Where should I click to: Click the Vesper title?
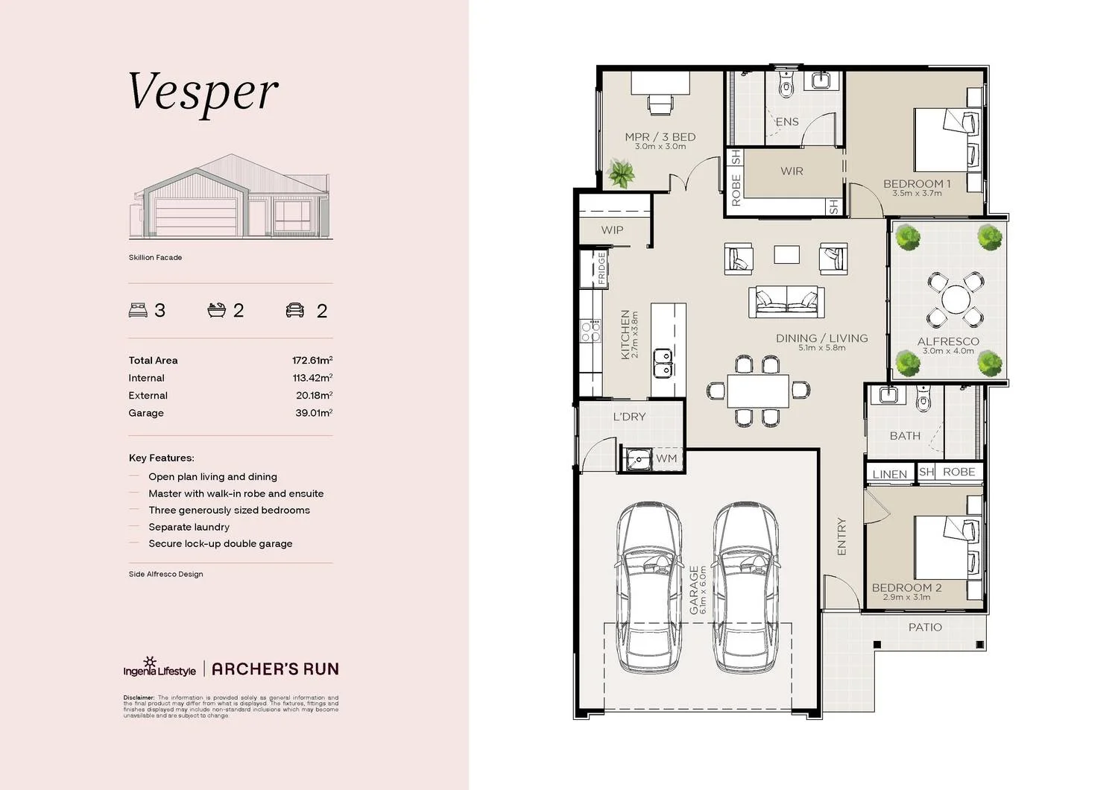point(203,93)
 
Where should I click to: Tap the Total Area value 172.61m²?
point(312,361)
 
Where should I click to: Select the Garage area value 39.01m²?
point(314,413)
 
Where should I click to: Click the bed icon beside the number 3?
point(138,311)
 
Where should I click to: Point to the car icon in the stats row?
point(295,311)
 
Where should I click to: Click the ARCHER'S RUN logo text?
point(275,669)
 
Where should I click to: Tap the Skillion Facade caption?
point(155,258)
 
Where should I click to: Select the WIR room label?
point(792,171)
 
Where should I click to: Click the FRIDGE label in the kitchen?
point(601,269)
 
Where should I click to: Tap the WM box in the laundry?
point(666,459)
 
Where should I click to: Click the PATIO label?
point(925,628)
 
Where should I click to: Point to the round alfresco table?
point(955,301)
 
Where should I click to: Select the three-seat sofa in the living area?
point(786,301)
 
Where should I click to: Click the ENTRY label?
point(841,537)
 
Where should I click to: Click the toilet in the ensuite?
point(786,85)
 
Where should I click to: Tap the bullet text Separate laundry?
point(189,527)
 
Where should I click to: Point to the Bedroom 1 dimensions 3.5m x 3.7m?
point(917,194)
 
